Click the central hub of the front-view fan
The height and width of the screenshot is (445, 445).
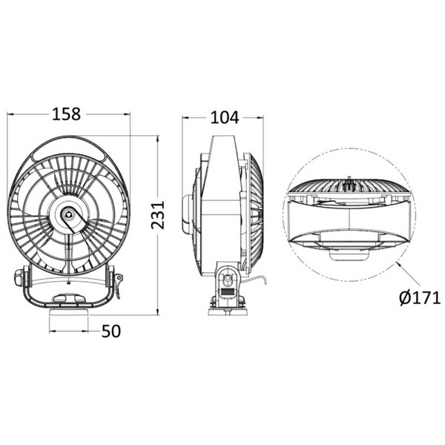69,214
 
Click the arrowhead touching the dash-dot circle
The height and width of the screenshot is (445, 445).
398,262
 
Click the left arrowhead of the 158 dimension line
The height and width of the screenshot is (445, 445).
10,115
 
